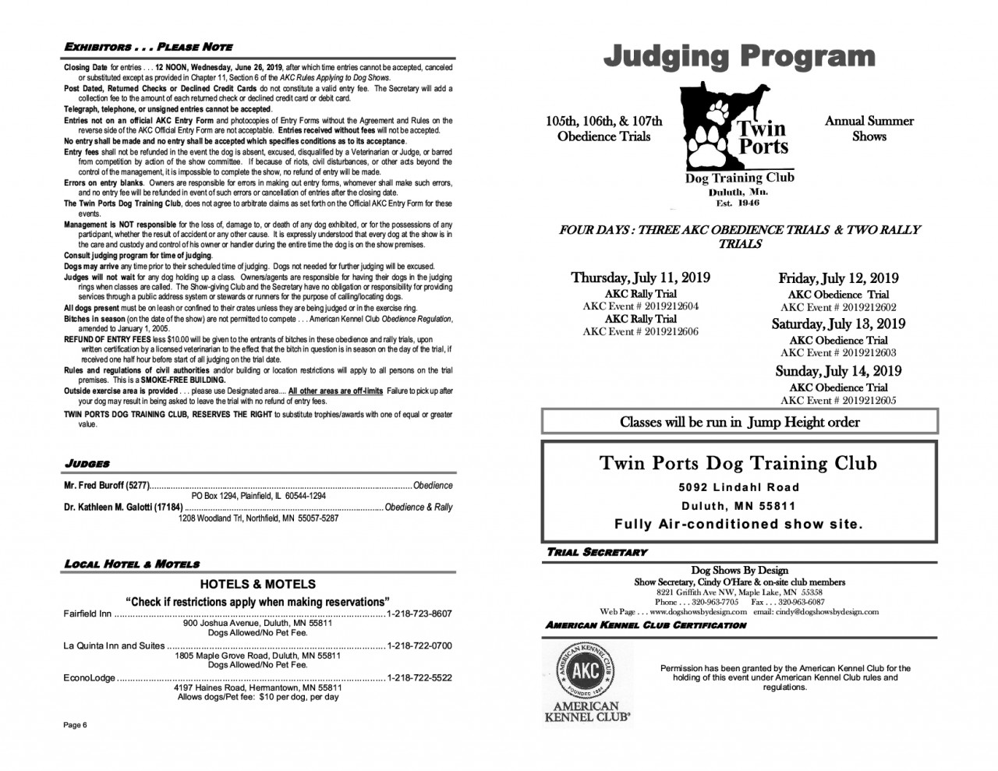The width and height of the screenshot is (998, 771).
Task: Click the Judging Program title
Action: coord(738,56)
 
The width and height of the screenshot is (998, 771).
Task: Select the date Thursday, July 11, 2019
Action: coord(640,278)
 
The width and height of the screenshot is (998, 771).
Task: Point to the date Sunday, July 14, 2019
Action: coord(837,371)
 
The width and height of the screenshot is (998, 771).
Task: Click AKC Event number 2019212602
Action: coord(838,307)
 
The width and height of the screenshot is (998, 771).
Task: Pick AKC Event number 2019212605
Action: coord(838,400)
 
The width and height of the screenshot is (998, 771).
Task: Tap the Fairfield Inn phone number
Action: coord(419,614)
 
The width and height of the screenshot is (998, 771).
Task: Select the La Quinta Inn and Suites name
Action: coord(114,645)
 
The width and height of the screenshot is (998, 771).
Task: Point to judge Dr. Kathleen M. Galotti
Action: coord(123,508)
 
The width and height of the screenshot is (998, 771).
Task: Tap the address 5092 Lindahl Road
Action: coord(738,488)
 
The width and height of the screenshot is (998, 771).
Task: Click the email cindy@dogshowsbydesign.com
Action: coord(816,612)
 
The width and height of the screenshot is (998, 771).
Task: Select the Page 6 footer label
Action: coord(75,726)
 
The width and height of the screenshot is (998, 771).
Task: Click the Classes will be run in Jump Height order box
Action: coord(739,423)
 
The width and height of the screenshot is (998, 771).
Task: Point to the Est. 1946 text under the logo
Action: coord(738,203)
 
